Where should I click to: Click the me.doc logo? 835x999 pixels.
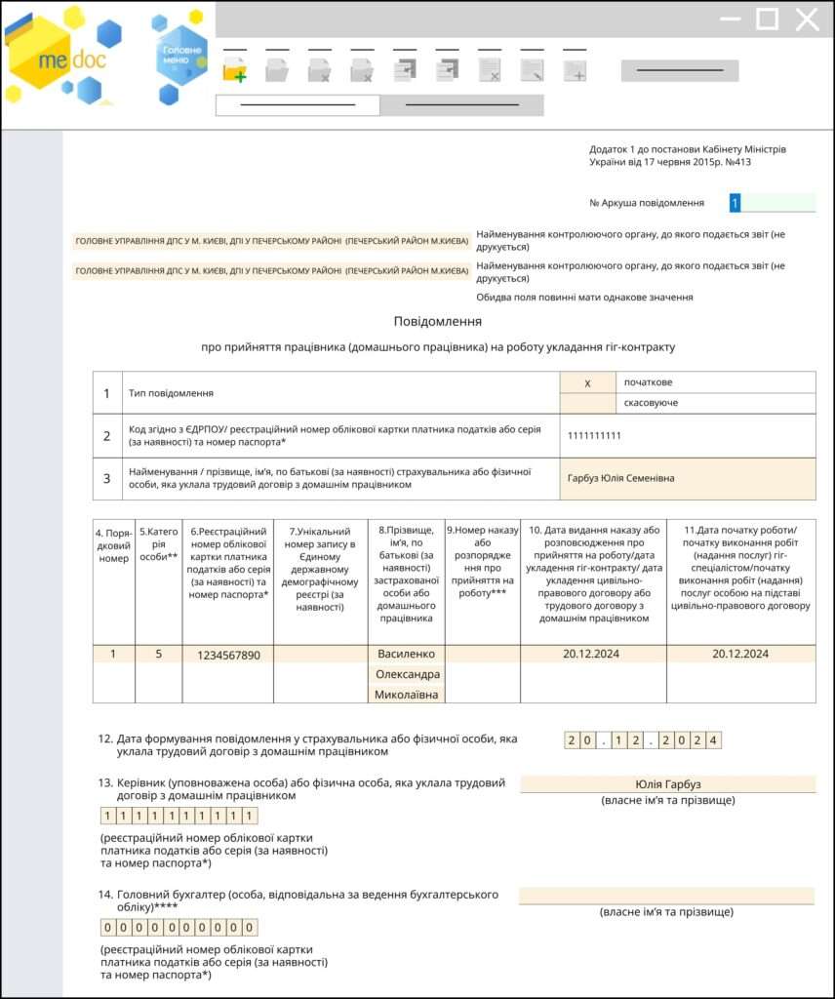tap(59, 59)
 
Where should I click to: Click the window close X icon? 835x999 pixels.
tap(807, 20)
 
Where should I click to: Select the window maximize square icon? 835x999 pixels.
tap(768, 20)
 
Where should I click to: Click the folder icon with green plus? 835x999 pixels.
tap(234, 70)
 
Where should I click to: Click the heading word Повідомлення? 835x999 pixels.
tap(438, 321)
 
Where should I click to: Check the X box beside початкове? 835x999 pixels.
tap(587, 383)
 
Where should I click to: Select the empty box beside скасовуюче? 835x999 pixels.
tap(587, 403)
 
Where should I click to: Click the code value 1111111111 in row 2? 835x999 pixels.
tap(594, 436)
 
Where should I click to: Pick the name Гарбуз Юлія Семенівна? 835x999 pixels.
tap(620, 478)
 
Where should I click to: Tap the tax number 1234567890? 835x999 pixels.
tap(227, 655)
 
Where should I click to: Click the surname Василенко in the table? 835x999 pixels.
tap(406, 654)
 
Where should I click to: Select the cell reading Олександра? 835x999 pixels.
tap(406, 674)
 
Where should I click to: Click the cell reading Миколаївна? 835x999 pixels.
tap(406, 695)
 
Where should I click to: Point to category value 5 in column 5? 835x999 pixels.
tap(158, 654)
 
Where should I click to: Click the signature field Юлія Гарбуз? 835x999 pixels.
tap(667, 784)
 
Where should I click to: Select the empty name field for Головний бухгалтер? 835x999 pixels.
tap(667, 896)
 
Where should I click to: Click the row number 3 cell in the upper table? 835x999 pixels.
tap(107, 478)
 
